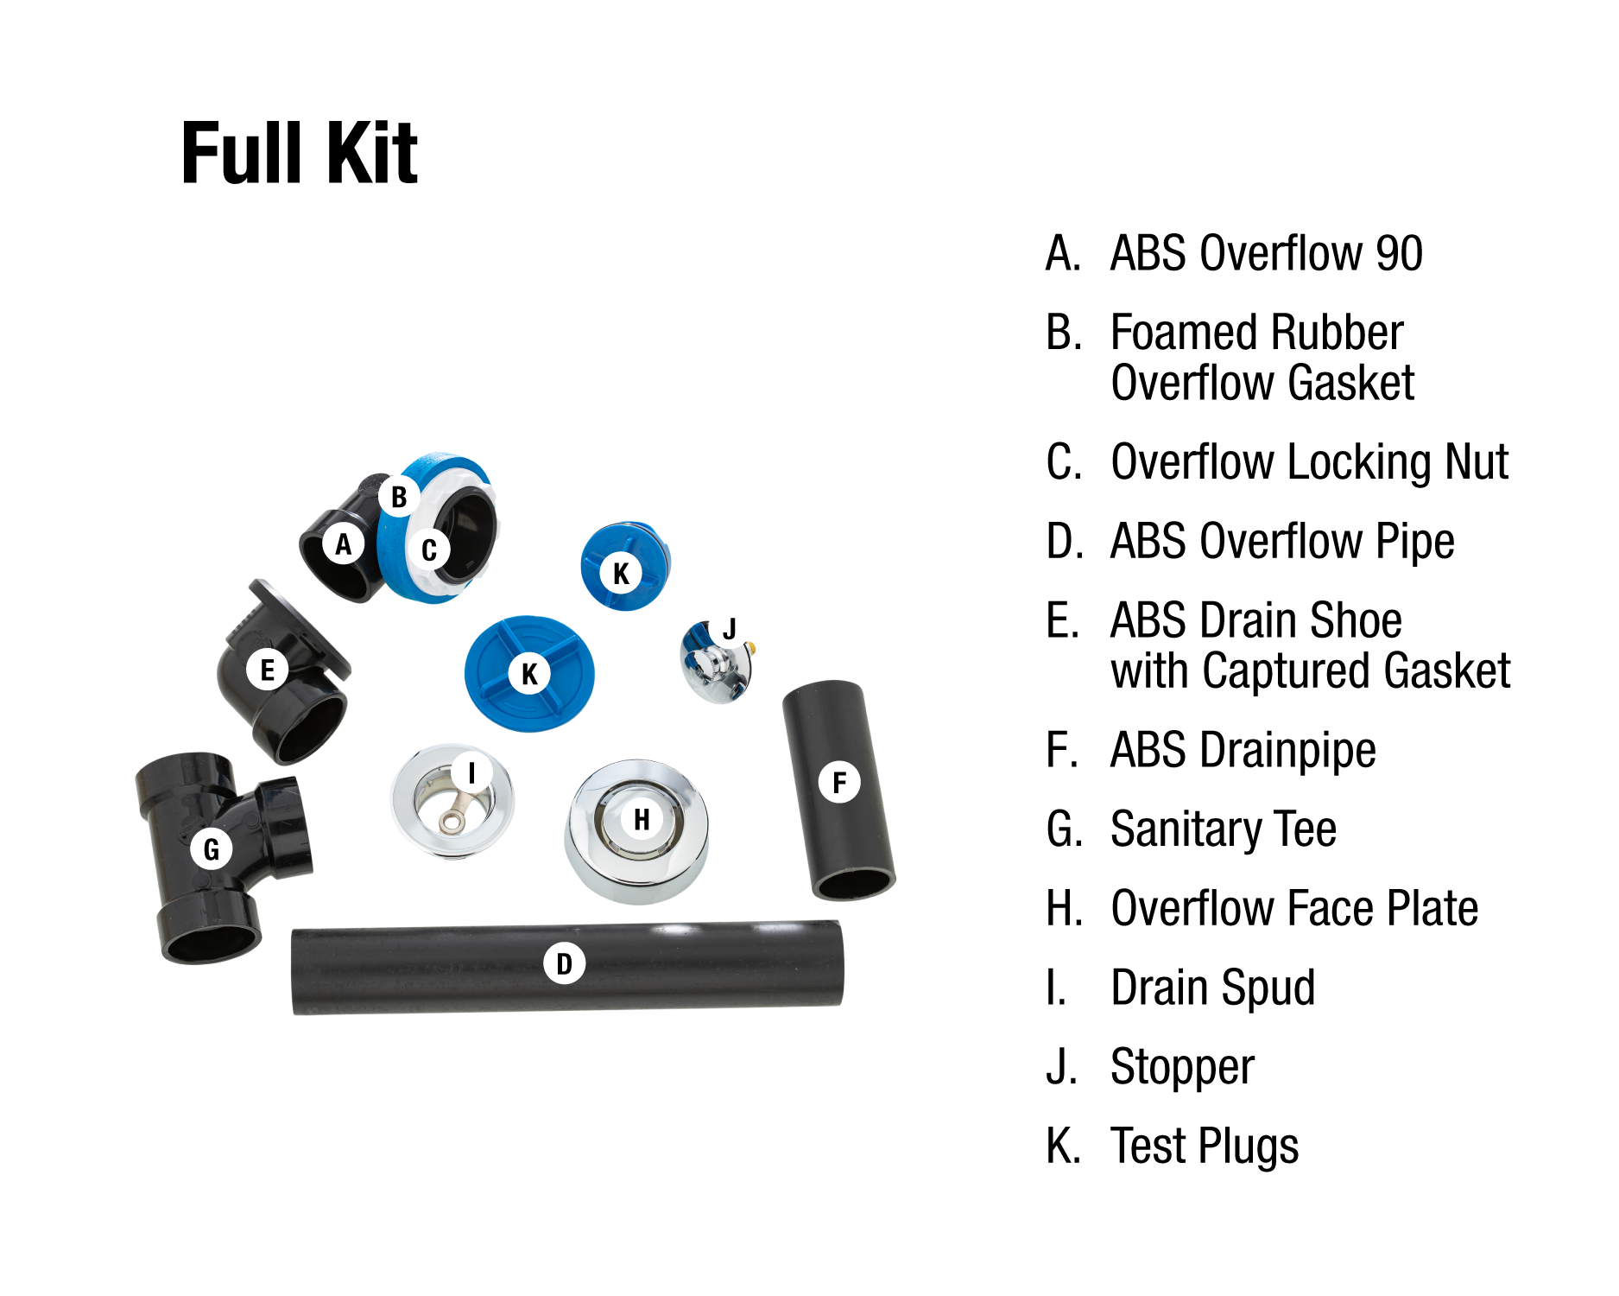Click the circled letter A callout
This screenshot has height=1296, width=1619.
point(344,544)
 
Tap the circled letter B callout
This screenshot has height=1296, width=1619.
point(399,497)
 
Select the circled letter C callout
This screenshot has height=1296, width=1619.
point(429,550)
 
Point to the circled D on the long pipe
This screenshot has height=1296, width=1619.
point(564,963)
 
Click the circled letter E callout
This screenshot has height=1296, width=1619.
point(267,670)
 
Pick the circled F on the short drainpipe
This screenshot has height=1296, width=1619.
point(838,783)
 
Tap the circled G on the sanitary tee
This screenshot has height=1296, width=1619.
point(212,849)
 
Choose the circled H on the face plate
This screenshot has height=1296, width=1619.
point(641,819)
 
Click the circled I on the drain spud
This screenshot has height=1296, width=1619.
point(471,772)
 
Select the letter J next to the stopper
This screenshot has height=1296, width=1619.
point(730,629)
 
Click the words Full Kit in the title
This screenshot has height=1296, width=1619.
point(299,154)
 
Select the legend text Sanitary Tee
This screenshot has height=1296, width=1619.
point(1223,829)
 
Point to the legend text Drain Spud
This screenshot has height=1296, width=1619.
point(1212,988)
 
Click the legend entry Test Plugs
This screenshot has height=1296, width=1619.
point(1204,1147)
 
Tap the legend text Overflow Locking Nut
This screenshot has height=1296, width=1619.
point(1309,462)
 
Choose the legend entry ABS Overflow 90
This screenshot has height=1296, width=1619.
point(1266,253)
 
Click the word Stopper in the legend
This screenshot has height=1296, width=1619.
point(1182,1067)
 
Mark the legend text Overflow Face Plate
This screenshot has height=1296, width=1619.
point(1293,908)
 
